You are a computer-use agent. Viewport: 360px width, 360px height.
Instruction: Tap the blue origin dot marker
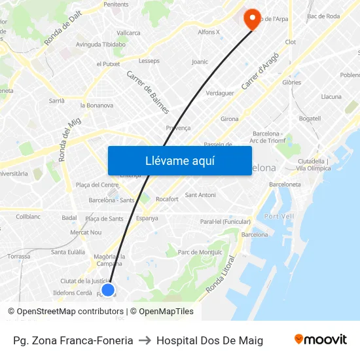click(x=108, y=289)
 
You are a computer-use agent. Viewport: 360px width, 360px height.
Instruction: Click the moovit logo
click(x=321, y=340)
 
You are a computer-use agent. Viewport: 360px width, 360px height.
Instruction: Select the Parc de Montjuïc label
click(x=200, y=252)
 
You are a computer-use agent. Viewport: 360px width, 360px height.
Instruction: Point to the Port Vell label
click(x=280, y=216)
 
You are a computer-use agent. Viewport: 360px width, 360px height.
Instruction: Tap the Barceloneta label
click(x=285, y=185)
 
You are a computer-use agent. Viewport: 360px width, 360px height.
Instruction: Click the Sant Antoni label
click(x=200, y=195)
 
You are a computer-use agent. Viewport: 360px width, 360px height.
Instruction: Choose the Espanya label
click(x=147, y=218)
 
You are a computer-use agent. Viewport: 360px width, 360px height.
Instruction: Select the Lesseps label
click(x=149, y=60)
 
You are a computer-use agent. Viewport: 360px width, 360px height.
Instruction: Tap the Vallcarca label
click(x=128, y=32)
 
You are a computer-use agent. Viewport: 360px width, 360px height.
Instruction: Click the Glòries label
click(x=291, y=82)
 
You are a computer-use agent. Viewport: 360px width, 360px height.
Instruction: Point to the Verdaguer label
click(x=220, y=93)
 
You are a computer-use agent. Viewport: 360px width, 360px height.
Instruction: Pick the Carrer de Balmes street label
click(x=148, y=92)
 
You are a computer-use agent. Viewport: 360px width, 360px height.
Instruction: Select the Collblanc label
click(x=28, y=216)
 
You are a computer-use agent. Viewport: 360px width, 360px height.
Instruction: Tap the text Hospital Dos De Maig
click(x=209, y=340)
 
